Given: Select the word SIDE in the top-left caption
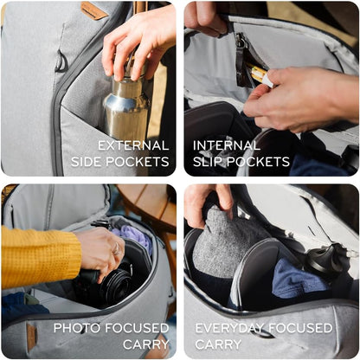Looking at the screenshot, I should [x=87, y=162].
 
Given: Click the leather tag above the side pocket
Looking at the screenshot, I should [x=93, y=10].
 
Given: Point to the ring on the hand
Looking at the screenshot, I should [x=117, y=249].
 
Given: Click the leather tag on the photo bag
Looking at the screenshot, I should [x=32, y=337].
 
